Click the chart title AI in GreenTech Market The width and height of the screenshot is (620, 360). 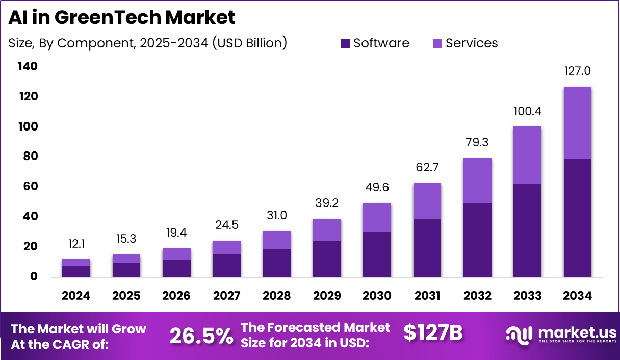pyautogui.click(x=122, y=18)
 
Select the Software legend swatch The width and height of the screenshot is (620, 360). pyautogui.click(x=346, y=44)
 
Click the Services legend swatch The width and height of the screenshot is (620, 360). pyautogui.click(x=437, y=44)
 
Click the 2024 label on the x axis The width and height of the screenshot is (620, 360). pyautogui.click(x=76, y=296)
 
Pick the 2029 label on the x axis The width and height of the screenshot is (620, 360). pyautogui.click(x=327, y=296)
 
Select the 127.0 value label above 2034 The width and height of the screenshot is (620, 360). pyautogui.click(x=578, y=71)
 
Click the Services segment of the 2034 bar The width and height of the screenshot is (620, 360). pyautogui.click(x=578, y=122)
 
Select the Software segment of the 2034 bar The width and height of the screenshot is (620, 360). pyautogui.click(x=578, y=218)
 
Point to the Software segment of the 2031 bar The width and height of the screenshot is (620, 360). pyautogui.click(x=427, y=248)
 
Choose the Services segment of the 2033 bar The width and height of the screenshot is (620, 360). pyautogui.click(x=528, y=155)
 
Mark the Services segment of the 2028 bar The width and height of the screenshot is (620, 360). pyautogui.click(x=277, y=240)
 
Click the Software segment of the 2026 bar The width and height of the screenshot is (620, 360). pyautogui.click(x=176, y=268)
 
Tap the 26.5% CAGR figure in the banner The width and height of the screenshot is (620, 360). pyautogui.click(x=201, y=336)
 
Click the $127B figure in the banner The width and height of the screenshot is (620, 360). pyautogui.click(x=433, y=333)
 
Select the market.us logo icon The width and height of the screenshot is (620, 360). pyautogui.click(x=519, y=334)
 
